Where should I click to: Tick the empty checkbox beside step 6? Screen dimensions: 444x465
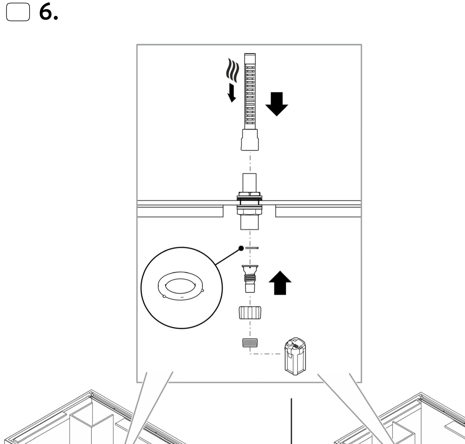tap(18, 12)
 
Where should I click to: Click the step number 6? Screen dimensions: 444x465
tap(48, 13)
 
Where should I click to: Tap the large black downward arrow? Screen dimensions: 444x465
tap(277, 104)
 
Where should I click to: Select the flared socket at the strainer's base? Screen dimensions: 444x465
tap(250, 140)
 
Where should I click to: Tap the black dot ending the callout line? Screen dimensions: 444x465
tap(241, 248)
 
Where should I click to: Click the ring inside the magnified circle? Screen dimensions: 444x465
tap(181, 286)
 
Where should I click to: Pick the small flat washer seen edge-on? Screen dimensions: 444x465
tap(252, 248)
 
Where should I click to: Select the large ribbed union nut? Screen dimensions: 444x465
tap(250, 313)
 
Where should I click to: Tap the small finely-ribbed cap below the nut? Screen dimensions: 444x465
tap(250, 343)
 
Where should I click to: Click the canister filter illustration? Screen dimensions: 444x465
tap(295, 356)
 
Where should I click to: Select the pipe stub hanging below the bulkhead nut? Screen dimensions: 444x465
tap(249, 223)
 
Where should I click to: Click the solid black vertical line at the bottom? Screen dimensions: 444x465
tap(291, 421)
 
